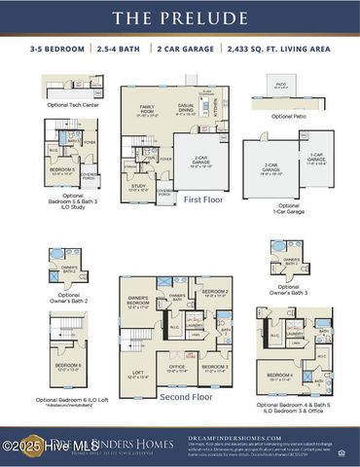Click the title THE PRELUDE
180,18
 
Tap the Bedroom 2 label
215,292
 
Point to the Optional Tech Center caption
73,104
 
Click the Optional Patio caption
287,116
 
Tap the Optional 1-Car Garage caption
289,208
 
